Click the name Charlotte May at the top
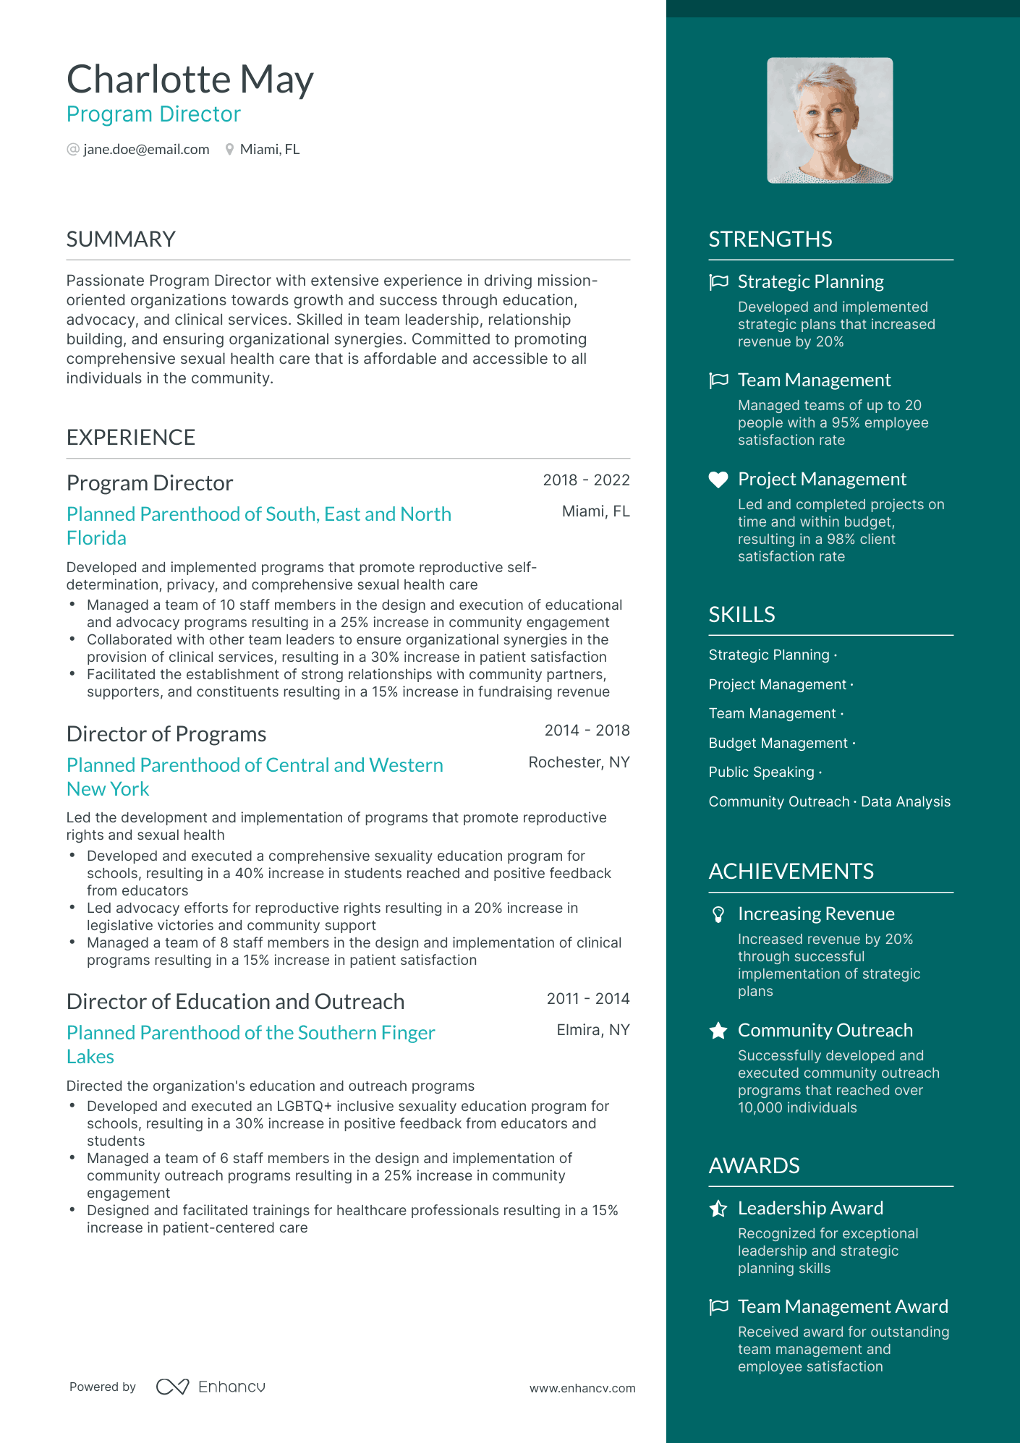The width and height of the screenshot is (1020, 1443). (190, 80)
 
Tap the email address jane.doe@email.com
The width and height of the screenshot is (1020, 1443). (146, 150)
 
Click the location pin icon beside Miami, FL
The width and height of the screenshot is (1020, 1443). (229, 150)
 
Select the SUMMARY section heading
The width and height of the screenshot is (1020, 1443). (121, 239)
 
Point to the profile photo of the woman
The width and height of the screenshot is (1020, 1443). (830, 121)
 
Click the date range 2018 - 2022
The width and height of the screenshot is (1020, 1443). (586, 480)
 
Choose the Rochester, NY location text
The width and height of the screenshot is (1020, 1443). (579, 762)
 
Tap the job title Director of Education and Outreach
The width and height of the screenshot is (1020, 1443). (235, 1002)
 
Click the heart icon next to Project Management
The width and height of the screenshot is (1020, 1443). (718, 480)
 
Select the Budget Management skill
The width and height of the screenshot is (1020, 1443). (778, 744)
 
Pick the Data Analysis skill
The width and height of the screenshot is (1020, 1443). (906, 802)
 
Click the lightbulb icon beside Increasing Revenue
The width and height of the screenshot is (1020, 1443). (718, 915)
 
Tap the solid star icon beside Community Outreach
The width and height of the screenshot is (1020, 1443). (718, 1031)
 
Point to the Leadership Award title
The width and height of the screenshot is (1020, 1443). (810, 1209)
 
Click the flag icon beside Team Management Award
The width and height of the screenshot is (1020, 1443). (718, 1307)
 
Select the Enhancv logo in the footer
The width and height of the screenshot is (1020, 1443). (211, 1387)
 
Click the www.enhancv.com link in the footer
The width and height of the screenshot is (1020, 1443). (582, 1389)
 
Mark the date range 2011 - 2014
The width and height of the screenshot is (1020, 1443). (587, 999)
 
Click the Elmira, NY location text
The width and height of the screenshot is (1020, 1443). (592, 1030)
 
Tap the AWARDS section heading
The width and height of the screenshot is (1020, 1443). (754, 1166)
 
